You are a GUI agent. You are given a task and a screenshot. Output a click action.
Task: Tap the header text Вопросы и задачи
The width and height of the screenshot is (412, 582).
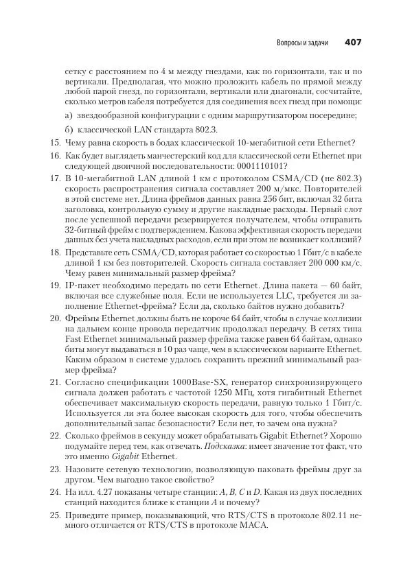(x=301, y=43)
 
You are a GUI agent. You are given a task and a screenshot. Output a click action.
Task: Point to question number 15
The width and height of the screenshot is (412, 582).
(x=56, y=142)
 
